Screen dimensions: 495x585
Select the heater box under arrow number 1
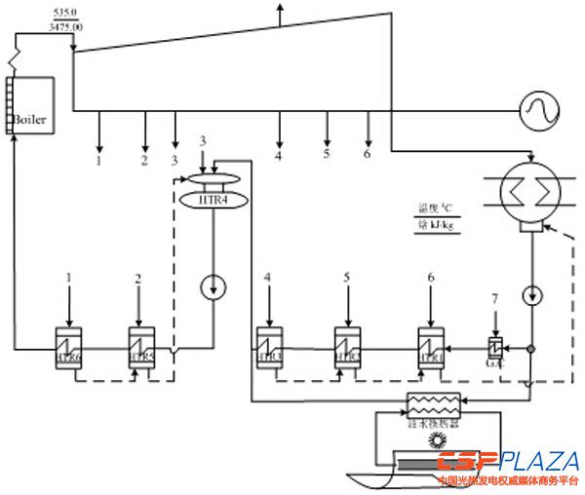[68, 345]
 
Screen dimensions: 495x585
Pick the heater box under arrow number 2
[142, 345]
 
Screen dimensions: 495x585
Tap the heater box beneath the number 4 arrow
[268, 345]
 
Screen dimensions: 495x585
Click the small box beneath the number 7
[495, 348]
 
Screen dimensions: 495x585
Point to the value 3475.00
[67, 27]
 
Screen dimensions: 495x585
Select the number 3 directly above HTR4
[202, 142]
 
